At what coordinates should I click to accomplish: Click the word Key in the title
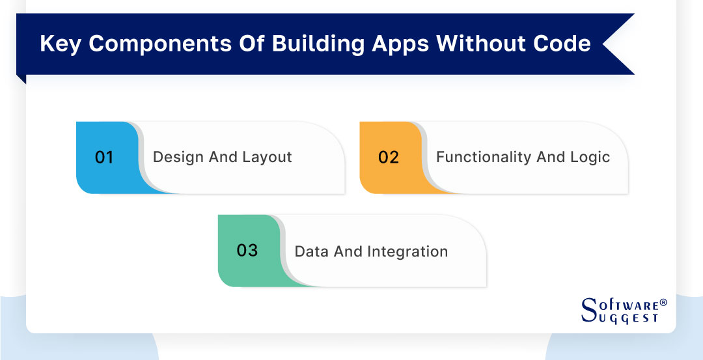59,44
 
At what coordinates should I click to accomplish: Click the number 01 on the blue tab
104,158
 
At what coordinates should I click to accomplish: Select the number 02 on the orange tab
388,158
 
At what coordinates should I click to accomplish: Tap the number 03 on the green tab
247,251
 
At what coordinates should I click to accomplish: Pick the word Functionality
475,158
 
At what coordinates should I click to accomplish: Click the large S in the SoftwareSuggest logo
589,310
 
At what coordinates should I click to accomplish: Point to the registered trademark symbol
663,303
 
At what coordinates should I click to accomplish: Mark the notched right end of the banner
612,44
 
